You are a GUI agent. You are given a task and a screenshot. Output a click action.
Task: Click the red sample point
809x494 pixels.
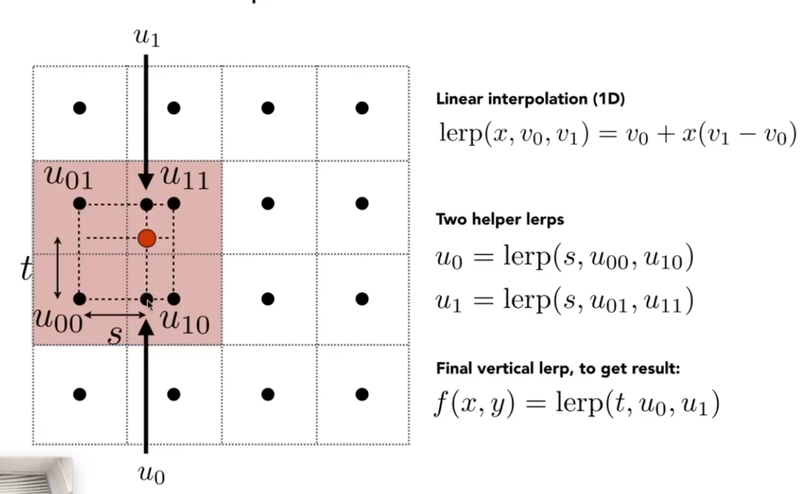click(147, 238)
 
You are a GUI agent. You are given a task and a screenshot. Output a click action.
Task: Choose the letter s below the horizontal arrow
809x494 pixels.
click(115, 335)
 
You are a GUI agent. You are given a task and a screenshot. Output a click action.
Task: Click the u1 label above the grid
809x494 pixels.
click(147, 37)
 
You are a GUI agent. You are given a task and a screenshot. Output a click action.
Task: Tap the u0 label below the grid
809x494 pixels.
click(151, 474)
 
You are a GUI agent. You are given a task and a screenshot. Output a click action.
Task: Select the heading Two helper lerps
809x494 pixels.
click(500, 219)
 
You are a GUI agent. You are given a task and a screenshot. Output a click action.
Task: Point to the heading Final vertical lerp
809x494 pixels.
click(558, 368)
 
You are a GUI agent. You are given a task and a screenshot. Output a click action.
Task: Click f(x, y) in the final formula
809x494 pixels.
click(474, 404)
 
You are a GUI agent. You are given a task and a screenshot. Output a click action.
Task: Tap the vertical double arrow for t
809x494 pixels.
click(58, 268)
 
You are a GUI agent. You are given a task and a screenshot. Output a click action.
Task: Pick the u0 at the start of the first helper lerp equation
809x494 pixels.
click(449, 258)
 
